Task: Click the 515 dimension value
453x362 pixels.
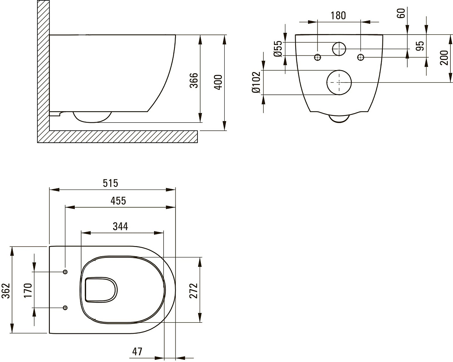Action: pos(110,183)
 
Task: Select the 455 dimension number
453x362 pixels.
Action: pos(118,201)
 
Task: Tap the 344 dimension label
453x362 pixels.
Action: pos(120,226)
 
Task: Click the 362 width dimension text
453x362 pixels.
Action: pos(6,291)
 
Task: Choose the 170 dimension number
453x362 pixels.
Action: pos(28,290)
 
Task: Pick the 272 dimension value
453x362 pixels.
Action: pos(194,291)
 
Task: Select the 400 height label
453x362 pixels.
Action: pos(218,82)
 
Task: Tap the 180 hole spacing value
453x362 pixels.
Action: pos(338,15)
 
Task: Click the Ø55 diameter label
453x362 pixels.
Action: pos(278,49)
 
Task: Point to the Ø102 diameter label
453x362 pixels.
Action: pos(256,82)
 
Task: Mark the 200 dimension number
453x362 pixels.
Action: pos(444,58)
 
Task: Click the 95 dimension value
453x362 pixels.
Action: pos(420,46)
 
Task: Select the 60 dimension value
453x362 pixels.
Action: pos(401,13)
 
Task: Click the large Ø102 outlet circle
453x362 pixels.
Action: pos(327,83)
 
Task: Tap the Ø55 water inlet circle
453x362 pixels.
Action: pos(333,49)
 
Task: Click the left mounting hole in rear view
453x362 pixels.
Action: pos(317,57)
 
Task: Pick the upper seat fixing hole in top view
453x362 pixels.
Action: pos(65,272)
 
